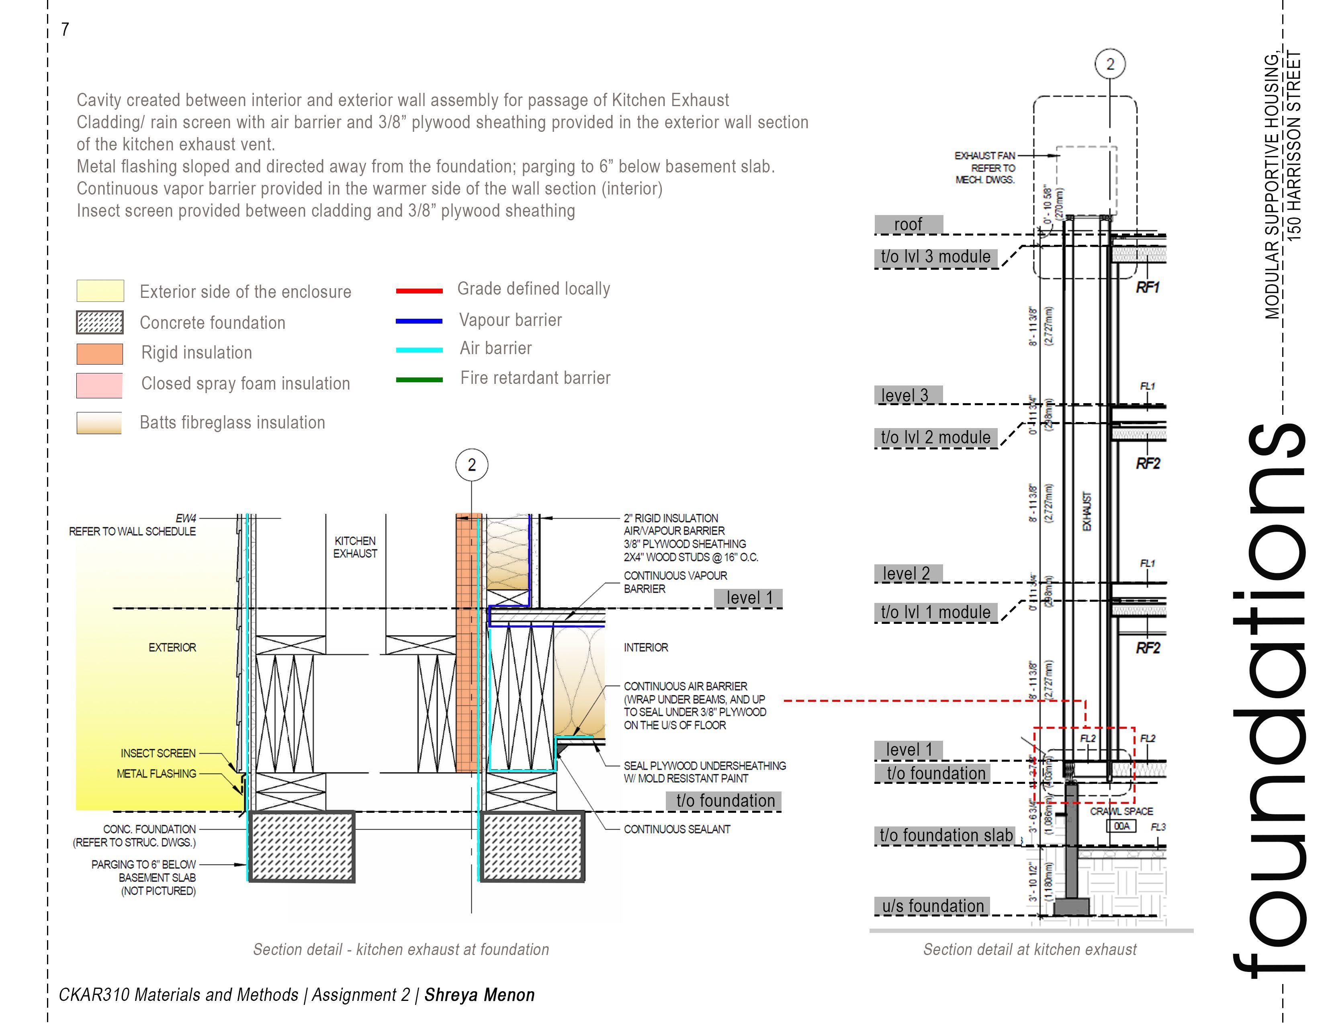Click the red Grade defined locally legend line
point(419,291)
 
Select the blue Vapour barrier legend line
point(419,321)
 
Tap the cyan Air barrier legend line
point(419,350)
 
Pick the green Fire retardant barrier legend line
point(419,379)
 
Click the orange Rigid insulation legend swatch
point(100,353)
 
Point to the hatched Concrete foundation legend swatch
point(100,322)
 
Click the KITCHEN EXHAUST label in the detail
point(355,547)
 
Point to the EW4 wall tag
point(186,519)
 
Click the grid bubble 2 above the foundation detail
point(472,465)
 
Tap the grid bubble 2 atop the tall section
point(1110,64)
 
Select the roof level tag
point(908,225)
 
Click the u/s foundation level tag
point(933,906)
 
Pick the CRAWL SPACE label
point(1121,811)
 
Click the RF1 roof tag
point(1148,287)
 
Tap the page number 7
point(65,29)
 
